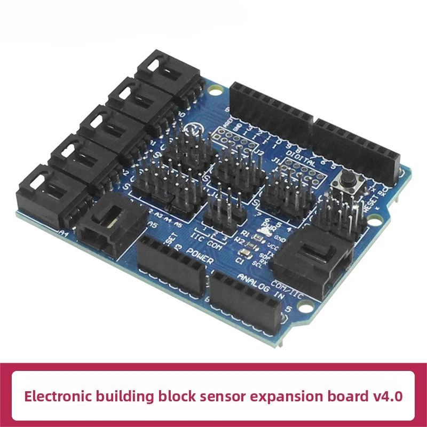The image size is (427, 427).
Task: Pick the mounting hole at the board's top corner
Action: click(215, 91)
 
